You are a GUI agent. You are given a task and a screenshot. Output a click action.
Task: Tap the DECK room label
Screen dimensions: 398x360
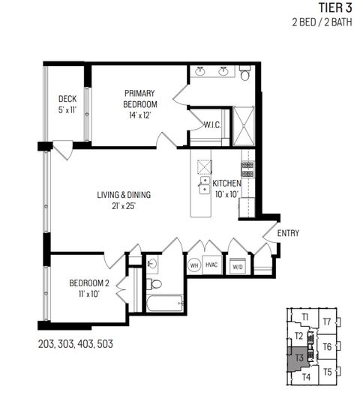coord(69,103)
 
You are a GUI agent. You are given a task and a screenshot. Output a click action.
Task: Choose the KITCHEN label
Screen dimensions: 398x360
coord(226,187)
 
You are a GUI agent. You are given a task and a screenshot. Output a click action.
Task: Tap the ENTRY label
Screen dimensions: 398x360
coord(288,233)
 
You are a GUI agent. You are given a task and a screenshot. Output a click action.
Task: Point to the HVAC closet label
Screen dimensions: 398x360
coord(211,265)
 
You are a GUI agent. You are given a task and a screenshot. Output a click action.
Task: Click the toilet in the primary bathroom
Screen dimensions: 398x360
coord(245,73)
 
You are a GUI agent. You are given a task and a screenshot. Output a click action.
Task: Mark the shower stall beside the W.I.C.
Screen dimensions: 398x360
coord(244,124)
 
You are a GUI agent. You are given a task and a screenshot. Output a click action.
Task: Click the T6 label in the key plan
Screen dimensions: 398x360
coord(327,346)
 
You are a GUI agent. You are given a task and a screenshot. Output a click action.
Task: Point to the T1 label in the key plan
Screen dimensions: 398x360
coord(306,318)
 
